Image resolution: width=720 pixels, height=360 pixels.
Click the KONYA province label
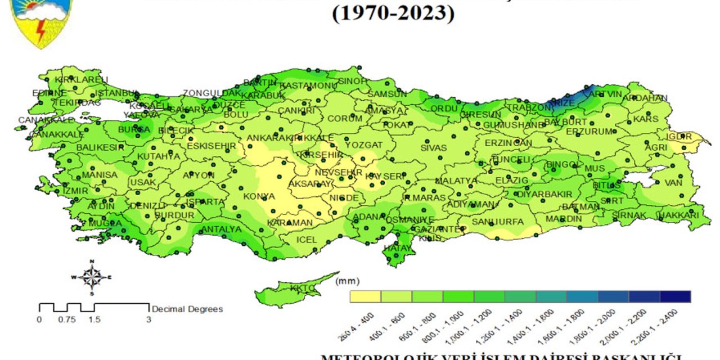pyautogui.click(x=259, y=197)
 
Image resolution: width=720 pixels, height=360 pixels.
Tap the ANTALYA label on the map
pyautogui.click(x=221, y=229)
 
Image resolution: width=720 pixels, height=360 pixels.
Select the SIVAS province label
pyautogui.click(x=433, y=148)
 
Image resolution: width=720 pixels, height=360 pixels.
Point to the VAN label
pyautogui.click(x=673, y=183)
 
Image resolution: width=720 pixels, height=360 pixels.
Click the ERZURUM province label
pyautogui.click(x=588, y=132)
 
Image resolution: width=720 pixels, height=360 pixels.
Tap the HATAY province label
pyautogui.click(x=398, y=247)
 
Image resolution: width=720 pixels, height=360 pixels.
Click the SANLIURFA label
pyautogui.click(x=497, y=222)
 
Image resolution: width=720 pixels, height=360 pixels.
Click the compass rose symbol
pyautogui.click(x=91, y=277)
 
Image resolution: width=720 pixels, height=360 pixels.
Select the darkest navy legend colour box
pyautogui.click(x=676, y=296)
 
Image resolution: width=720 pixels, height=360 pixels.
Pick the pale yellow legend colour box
pyautogui.click(x=365, y=296)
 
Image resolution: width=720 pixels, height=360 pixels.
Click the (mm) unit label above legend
pyautogui.click(x=347, y=281)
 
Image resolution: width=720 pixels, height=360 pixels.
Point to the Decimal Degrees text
pyautogui.click(x=187, y=309)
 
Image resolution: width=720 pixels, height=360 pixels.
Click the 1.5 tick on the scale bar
pyautogui.click(x=94, y=319)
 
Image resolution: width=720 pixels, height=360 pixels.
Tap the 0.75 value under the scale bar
pyautogui.click(x=67, y=319)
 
